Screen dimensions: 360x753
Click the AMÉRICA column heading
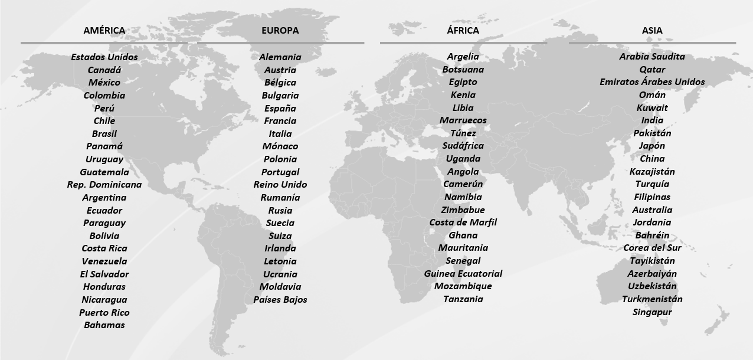[x=104, y=31]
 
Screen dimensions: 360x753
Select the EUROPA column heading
[x=280, y=31]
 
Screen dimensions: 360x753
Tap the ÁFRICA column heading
[x=463, y=31]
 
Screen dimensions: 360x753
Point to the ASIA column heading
[x=652, y=31]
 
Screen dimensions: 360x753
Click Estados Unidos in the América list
[x=104, y=57]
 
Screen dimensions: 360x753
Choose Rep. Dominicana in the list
[x=104, y=185]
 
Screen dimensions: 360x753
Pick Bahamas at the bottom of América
[x=104, y=325]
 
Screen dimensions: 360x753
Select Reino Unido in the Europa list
[x=280, y=185]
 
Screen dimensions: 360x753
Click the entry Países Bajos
[x=280, y=300]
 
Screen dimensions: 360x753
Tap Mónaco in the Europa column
[x=280, y=146]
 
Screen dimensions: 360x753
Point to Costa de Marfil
[x=463, y=222]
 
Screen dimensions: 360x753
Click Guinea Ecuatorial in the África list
[x=463, y=274]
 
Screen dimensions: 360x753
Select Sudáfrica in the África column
[x=463, y=146]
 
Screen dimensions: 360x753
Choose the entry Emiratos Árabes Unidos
[x=652, y=82]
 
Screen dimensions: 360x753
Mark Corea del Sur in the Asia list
[x=652, y=248]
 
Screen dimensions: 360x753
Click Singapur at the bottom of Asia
[x=652, y=312]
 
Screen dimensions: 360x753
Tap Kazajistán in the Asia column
[x=652, y=172]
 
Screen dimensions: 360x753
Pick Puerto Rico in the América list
[x=104, y=313]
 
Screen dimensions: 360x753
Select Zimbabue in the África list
[x=463, y=210]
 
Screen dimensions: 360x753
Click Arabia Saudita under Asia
[x=652, y=57]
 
